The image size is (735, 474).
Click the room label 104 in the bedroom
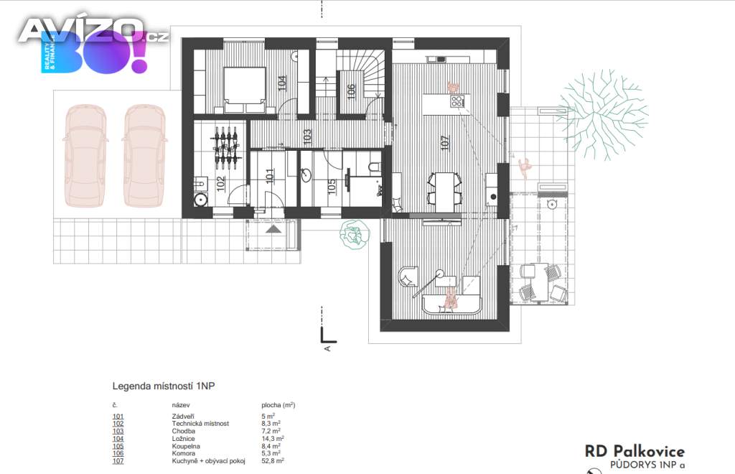(x=281, y=83)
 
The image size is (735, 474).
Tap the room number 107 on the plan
(x=445, y=142)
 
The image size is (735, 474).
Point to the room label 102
(x=221, y=183)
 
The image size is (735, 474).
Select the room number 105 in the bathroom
(x=332, y=187)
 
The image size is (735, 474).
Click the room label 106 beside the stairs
(x=351, y=91)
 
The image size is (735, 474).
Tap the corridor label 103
(x=307, y=137)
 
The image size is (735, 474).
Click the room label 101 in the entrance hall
(x=270, y=176)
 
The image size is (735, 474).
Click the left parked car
(x=85, y=156)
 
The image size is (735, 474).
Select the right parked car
(x=144, y=156)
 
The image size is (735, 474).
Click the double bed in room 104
(x=245, y=90)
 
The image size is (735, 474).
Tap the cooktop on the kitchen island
(x=457, y=101)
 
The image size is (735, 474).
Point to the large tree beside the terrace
(x=603, y=114)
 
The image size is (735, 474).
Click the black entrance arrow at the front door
(x=273, y=229)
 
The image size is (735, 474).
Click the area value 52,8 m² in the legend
(x=273, y=461)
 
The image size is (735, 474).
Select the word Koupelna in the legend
(x=186, y=446)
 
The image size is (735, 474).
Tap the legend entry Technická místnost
(x=201, y=423)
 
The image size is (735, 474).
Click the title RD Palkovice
(x=635, y=452)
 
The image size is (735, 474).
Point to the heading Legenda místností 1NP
(x=164, y=386)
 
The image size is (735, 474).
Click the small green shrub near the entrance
(x=355, y=233)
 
